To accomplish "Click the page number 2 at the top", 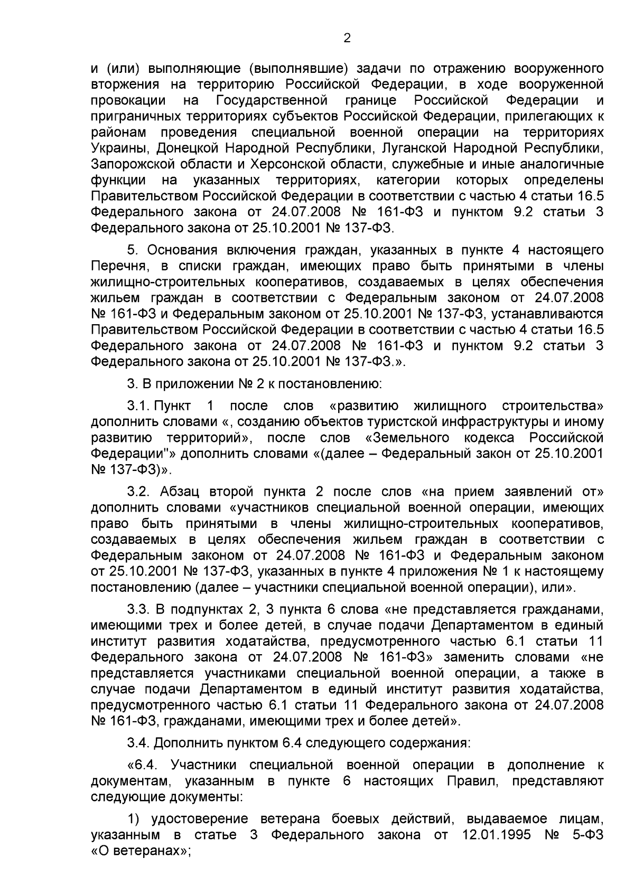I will click(347, 38).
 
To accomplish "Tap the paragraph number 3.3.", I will click(138, 610).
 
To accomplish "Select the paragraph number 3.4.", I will click(138, 743).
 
